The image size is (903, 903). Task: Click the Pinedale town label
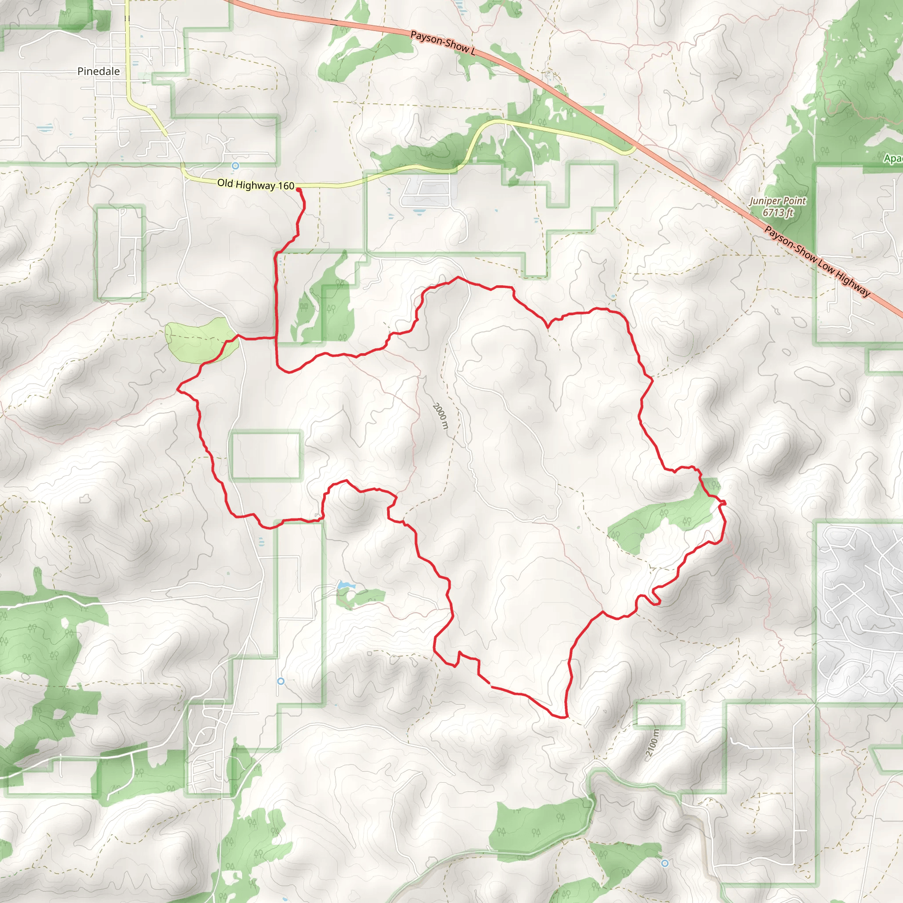click(99, 71)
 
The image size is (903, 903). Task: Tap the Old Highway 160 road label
click(256, 185)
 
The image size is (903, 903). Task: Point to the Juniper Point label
click(778, 201)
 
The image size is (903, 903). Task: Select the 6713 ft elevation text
click(778, 213)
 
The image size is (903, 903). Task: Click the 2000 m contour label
click(440, 416)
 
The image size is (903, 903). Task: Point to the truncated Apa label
click(893, 159)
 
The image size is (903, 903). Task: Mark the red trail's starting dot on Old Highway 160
click(298, 190)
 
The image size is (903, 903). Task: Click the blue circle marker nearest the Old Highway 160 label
click(235, 165)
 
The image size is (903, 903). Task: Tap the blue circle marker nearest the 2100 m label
click(664, 863)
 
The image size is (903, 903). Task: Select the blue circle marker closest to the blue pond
click(280, 681)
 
